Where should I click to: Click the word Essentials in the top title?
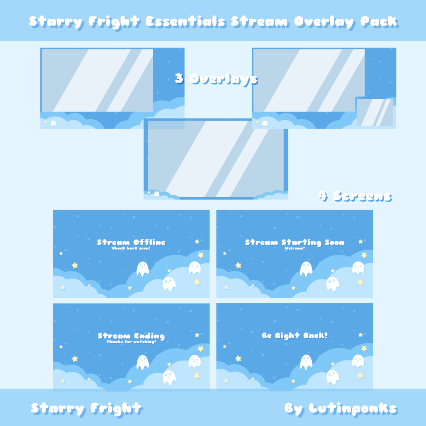point(185,21)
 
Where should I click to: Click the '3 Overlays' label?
point(216,79)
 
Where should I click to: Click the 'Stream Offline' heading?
point(131,242)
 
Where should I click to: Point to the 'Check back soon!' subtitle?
point(131,248)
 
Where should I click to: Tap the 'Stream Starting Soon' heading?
point(295,242)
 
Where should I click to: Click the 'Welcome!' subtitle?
point(295,248)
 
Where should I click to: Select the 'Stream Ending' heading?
point(131,336)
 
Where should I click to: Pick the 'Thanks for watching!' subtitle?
point(131,342)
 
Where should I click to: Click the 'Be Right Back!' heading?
point(295,336)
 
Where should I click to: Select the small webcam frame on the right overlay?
point(375,112)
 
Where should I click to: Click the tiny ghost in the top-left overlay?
point(53,124)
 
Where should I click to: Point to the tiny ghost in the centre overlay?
point(157,194)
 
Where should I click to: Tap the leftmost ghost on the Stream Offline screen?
point(142,269)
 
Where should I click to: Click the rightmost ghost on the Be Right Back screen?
point(358,361)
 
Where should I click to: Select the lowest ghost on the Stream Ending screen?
point(169,377)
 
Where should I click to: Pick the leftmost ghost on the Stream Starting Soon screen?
point(306,269)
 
